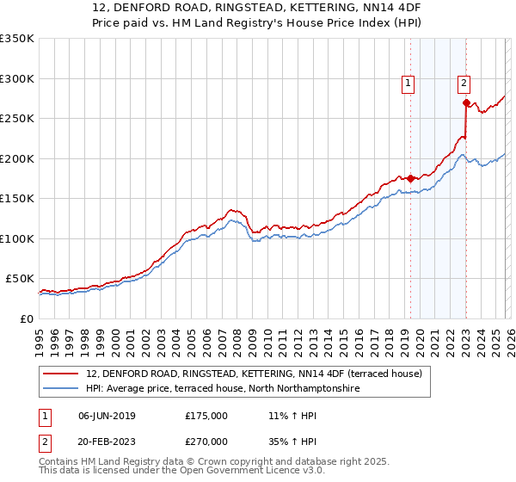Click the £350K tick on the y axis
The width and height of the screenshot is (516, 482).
coord(17,39)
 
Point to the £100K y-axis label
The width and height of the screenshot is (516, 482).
coord(17,238)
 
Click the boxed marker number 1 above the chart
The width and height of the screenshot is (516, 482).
coord(408,83)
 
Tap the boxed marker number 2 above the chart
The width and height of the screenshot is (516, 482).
coord(464,83)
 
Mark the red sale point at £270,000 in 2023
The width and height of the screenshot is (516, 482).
coord(465,103)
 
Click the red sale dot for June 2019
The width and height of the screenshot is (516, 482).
coord(410,178)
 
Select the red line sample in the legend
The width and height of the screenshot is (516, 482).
coord(61,374)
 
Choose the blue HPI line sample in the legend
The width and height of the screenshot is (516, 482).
coord(61,389)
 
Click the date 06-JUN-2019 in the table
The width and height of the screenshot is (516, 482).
coord(107,416)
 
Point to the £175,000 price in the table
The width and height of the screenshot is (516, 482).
coord(206,416)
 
